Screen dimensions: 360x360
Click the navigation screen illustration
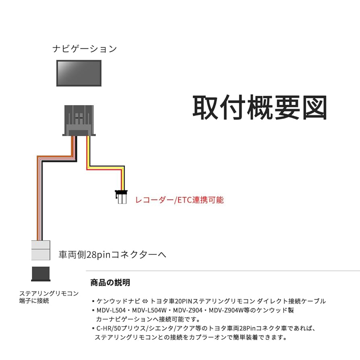(79, 72)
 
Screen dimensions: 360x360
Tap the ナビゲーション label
(85, 49)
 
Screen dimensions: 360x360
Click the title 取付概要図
(259, 108)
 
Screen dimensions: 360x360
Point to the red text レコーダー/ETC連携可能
(179, 199)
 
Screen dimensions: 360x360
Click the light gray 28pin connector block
(41, 250)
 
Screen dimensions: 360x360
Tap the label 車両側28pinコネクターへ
(112, 254)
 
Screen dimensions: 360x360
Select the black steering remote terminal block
(41, 273)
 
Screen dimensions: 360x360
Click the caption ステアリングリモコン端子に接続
(49, 297)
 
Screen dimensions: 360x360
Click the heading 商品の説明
(110, 282)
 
